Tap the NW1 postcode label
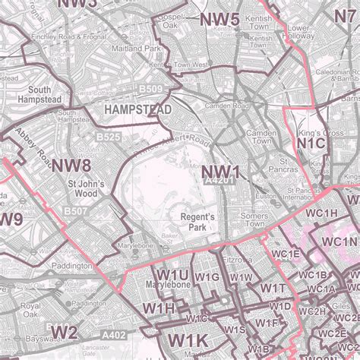click(220, 173)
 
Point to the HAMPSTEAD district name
click(138, 109)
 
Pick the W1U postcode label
click(173, 274)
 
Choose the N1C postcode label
click(311, 143)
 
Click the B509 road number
click(150, 90)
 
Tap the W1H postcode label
click(158, 308)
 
